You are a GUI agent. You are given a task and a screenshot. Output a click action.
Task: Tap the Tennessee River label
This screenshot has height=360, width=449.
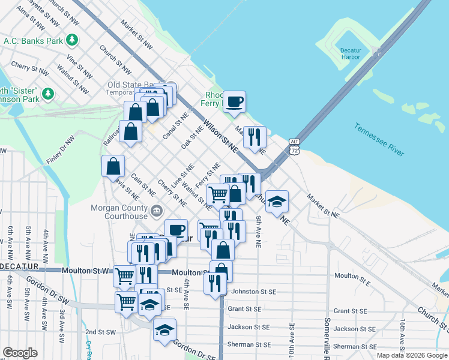pyautogui.click(x=379, y=139)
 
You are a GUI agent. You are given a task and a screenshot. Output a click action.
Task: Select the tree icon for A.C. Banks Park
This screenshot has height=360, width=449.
pyautogui.click(x=73, y=40)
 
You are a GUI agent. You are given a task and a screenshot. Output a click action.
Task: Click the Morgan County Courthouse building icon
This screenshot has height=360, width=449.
pyautogui.click(x=157, y=210)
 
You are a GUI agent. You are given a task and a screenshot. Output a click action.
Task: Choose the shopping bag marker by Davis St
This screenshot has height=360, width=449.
pyautogui.click(x=113, y=166)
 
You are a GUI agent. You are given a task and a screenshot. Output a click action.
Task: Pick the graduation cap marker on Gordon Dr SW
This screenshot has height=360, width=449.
pyautogui.click(x=164, y=329)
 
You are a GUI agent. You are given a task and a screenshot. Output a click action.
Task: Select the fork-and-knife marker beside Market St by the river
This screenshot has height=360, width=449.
pyautogui.click(x=255, y=137)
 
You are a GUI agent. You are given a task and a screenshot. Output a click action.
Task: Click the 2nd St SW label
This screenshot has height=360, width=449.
pyautogui.click(x=100, y=332)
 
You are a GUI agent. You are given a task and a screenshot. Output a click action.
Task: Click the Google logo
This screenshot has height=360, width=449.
pyautogui.click(x=20, y=353)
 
